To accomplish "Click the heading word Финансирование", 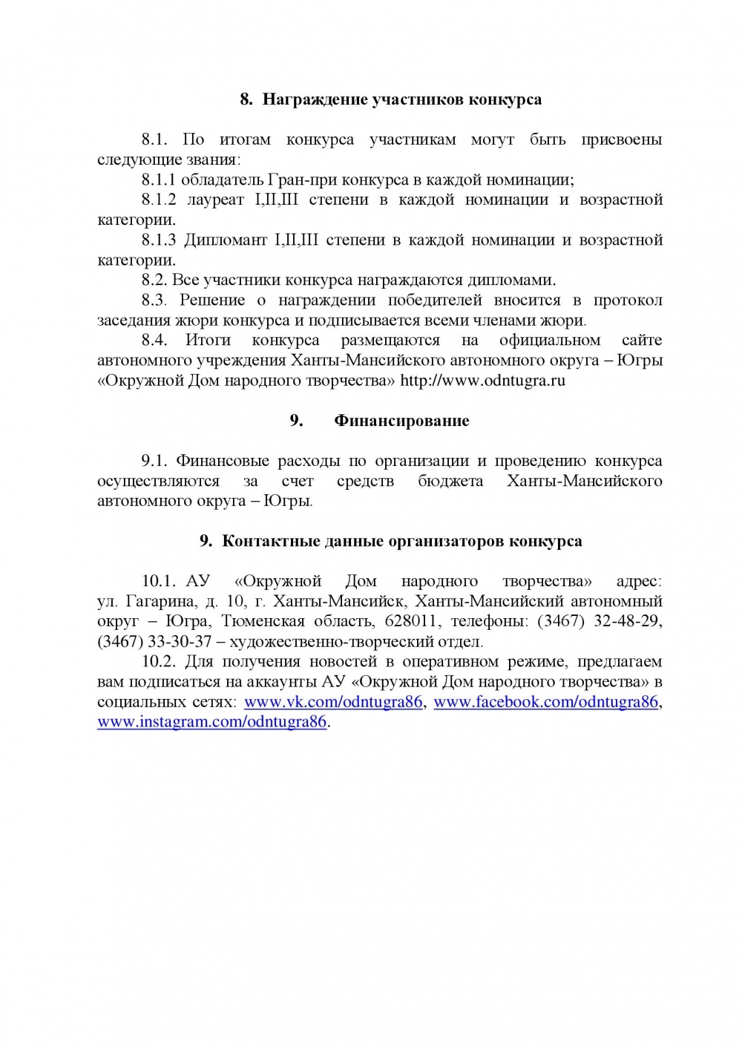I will [x=401, y=421].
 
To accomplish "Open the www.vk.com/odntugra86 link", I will [x=333, y=702].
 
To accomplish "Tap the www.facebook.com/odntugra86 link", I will [x=545, y=702].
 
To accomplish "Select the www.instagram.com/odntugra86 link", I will [x=212, y=722].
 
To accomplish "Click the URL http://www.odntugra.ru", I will [x=483, y=381].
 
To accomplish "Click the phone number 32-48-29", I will [x=628, y=621].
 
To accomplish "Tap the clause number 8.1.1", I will [x=159, y=180].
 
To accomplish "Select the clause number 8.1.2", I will [x=159, y=200].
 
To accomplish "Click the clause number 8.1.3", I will [x=159, y=240].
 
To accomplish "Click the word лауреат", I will [x=217, y=200].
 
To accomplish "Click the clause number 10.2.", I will [x=157, y=661].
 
